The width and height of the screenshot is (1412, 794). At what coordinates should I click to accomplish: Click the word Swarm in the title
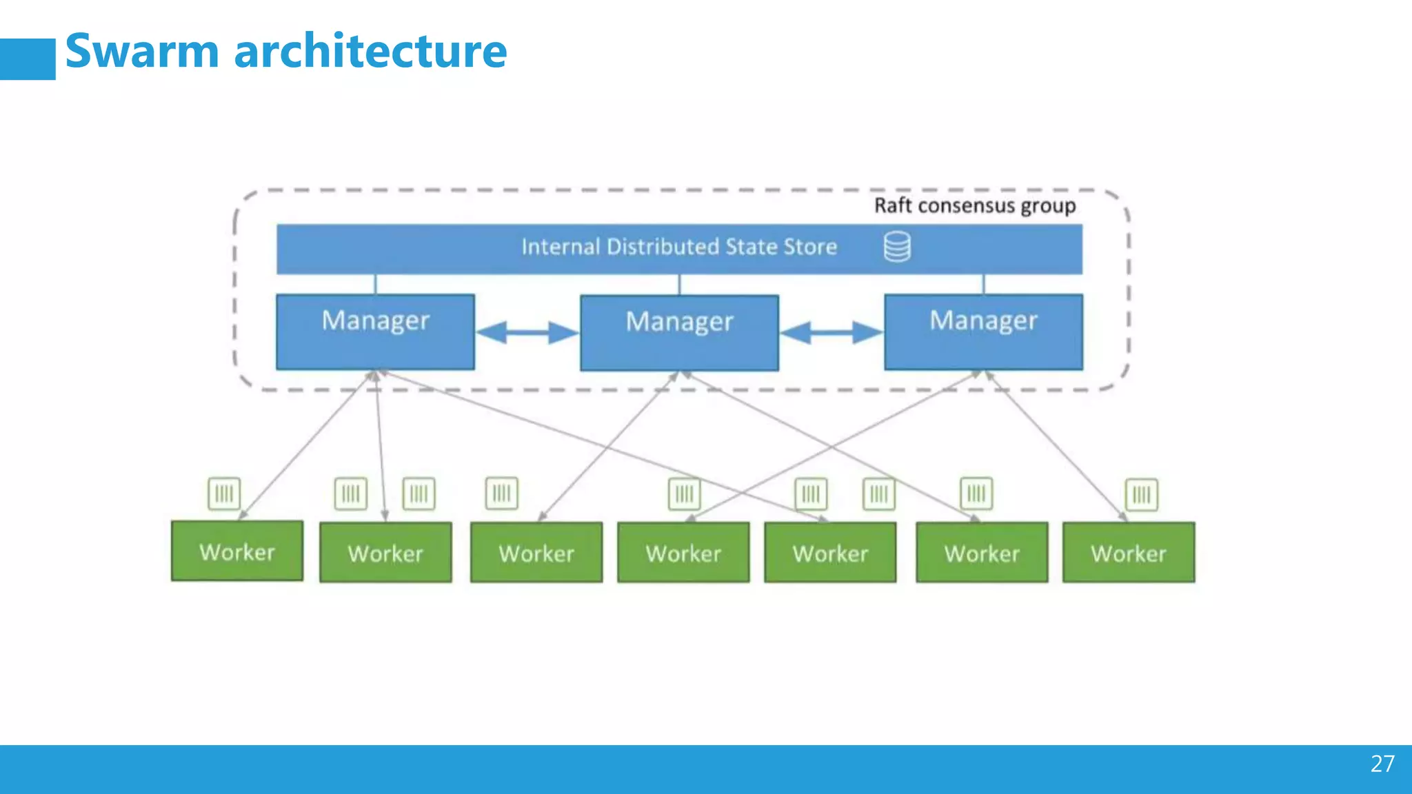click(142, 52)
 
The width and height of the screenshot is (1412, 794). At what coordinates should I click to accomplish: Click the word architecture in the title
click(370, 52)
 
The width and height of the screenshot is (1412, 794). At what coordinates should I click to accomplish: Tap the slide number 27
click(1382, 764)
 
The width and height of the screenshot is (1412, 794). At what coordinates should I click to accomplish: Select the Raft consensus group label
click(974, 205)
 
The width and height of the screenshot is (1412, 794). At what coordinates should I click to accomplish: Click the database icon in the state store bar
click(897, 247)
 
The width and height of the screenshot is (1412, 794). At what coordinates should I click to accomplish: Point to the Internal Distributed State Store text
click(678, 247)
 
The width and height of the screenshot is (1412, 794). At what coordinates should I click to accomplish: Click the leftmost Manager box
click(375, 332)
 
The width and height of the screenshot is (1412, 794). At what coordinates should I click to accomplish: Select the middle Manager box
click(679, 333)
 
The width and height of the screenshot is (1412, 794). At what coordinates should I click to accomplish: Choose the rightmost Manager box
click(983, 332)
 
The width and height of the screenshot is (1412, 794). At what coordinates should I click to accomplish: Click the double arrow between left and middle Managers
click(527, 333)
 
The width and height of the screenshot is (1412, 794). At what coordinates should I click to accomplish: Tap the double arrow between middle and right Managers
click(831, 333)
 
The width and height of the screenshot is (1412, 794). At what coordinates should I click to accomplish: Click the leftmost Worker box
click(236, 551)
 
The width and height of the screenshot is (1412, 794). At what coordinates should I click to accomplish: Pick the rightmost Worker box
click(1128, 552)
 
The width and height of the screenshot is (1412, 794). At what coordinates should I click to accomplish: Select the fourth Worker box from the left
click(683, 552)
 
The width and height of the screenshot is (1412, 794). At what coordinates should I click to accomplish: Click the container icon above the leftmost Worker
click(224, 493)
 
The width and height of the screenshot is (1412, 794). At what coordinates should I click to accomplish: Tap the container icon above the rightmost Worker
click(1141, 494)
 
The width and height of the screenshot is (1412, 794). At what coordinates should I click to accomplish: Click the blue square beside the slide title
click(28, 59)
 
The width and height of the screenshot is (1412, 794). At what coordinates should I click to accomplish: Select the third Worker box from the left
click(536, 552)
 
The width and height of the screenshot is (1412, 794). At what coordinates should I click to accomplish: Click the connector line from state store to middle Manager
click(679, 285)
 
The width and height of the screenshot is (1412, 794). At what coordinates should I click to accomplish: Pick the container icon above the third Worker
click(501, 493)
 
